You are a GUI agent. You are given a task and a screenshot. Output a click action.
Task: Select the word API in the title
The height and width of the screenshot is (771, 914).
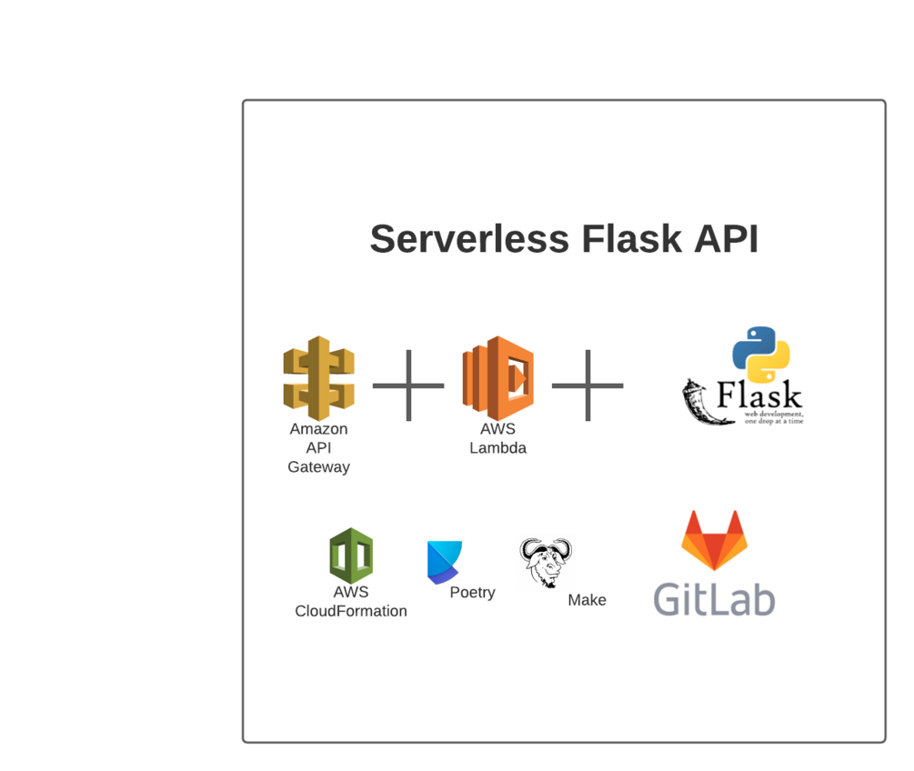(x=725, y=240)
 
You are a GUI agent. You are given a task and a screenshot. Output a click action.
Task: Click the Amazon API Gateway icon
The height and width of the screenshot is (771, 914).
(x=318, y=378)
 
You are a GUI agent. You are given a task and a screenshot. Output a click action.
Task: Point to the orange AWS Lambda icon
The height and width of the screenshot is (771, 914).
(x=497, y=378)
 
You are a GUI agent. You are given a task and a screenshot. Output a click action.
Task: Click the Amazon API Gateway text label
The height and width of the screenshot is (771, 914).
(x=318, y=448)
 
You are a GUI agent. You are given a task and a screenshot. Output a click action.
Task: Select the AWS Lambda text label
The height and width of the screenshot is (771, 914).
(x=497, y=438)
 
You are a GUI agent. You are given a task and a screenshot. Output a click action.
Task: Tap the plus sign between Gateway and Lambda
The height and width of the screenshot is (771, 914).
(x=408, y=385)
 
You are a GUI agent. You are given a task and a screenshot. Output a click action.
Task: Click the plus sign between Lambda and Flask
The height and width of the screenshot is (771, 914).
(x=588, y=385)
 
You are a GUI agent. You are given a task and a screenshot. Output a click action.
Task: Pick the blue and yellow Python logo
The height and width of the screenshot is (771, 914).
(x=760, y=355)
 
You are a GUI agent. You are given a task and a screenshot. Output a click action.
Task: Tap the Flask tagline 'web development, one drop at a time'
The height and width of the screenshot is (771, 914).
(x=774, y=417)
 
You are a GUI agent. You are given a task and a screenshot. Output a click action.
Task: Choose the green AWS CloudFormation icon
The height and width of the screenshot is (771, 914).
(x=351, y=556)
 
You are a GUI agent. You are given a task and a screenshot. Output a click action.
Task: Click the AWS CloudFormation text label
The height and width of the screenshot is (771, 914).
(x=351, y=602)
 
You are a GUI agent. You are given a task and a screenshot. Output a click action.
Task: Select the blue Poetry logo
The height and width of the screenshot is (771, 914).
(x=444, y=562)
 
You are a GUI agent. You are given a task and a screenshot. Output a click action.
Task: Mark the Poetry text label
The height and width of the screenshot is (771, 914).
(x=472, y=593)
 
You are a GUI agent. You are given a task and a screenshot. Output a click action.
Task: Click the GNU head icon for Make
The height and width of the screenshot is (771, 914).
(x=546, y=562)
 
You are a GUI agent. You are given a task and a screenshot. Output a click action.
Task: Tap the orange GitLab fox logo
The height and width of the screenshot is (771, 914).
(x=714, y=541)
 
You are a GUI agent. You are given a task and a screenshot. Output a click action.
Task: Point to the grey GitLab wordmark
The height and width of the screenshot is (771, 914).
(x=714, y=600)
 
